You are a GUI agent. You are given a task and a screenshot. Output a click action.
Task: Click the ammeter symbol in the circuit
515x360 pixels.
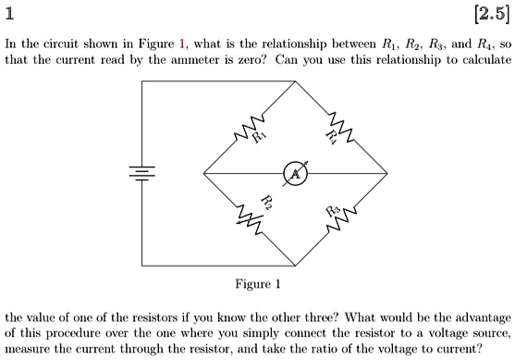296,174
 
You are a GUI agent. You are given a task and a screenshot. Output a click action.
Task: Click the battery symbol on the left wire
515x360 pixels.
142,173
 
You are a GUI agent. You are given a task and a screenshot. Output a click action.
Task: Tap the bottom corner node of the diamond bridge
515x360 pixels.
296,266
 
